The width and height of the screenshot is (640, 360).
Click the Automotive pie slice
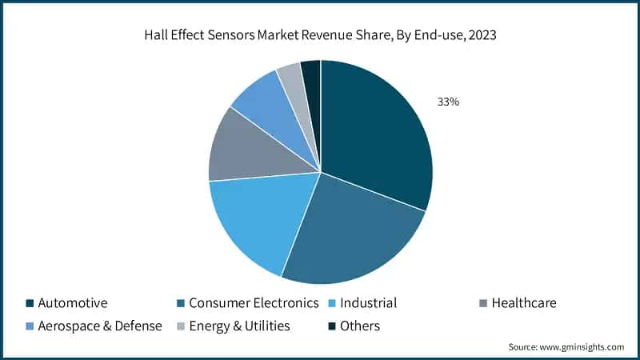(x=376, y=136)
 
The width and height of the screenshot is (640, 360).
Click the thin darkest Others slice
(x=311, y=72)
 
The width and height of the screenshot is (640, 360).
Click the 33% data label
(x=447, y=102)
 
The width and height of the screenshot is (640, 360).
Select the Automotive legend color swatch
(x=30, y=303)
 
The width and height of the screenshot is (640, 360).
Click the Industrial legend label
(x=368, y=303)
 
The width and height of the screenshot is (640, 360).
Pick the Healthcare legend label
(x=524, y=303)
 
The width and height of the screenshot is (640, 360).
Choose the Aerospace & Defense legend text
(x=100, y=326)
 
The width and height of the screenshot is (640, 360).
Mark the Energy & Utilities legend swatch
(x=180, y=326)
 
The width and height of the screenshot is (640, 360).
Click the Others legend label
(x=359, y=326)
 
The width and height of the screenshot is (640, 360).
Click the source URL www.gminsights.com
(x=582, y=347)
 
